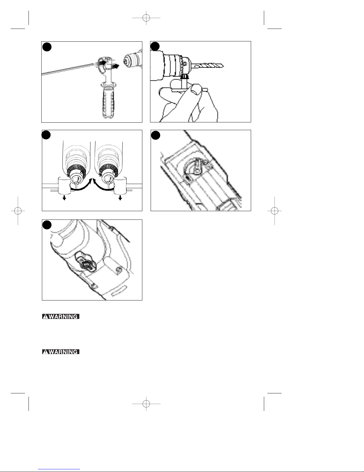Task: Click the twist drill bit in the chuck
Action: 208,66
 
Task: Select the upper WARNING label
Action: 61,317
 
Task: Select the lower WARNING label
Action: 61,352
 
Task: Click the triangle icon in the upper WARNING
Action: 45,317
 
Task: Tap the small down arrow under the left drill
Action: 64,198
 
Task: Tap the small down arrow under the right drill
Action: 120,198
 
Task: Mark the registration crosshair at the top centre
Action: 146,18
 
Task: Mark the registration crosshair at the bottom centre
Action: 146,404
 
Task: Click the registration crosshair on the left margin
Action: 18,211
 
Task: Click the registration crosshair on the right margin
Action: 275,211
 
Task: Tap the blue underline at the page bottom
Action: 59,469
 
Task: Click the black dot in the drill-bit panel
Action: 155,46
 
